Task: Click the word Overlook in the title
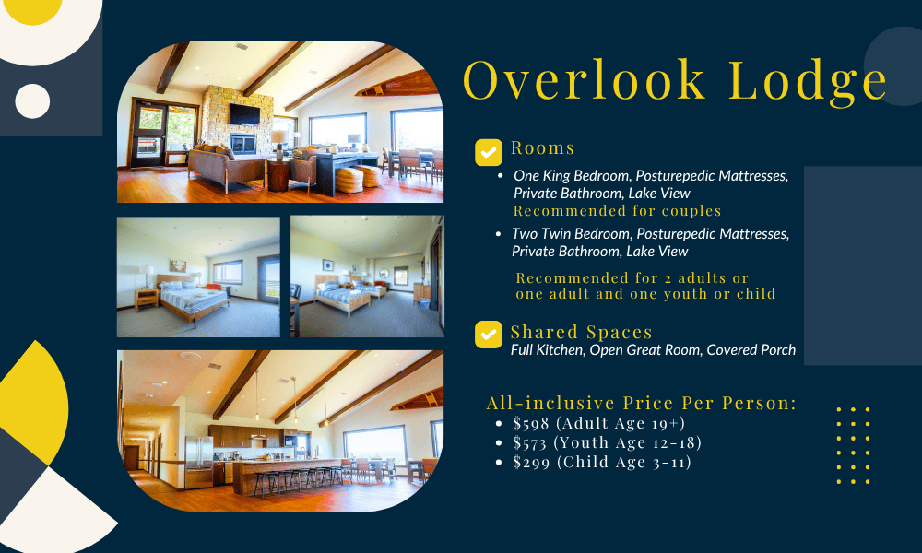tap(584, 79)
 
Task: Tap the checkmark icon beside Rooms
tap(489, 153)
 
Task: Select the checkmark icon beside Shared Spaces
tap(489, 335)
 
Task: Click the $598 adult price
tap(530, 423)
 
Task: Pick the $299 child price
tap(531, 462)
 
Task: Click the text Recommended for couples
tap(617, 210)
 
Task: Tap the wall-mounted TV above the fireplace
tap(244, 114)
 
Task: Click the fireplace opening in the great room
tap(242, 144)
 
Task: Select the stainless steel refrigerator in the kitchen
tap(199, 462)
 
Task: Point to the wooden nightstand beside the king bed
tap(146, 300)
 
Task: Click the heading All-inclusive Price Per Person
tap(642, 403)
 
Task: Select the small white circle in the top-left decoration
tap(32, 101)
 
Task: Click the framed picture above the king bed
tap(178, 265)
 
